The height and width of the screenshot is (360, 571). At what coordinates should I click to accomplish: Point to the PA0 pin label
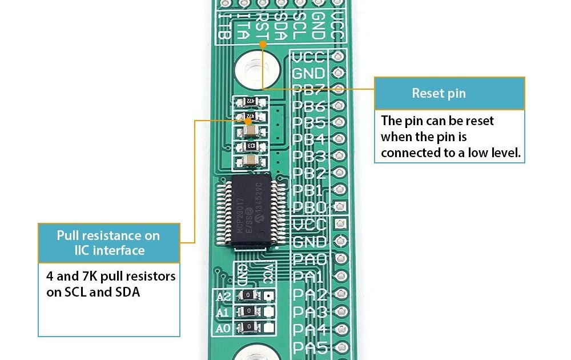click(x=309, y=259)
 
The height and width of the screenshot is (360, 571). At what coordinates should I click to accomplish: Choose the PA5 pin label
click(x=309, y=346)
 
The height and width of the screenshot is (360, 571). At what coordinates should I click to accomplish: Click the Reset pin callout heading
click(x=439, y=93)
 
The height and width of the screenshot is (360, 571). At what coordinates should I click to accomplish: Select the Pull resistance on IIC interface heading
click(x=108, y=243)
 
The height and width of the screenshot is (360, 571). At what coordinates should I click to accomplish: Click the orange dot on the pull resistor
click(x=248, y=121)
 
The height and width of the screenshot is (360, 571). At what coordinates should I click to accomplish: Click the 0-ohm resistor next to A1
click(x=248, y=312)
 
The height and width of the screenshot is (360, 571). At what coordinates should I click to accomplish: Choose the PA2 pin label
click(x=309, y=295)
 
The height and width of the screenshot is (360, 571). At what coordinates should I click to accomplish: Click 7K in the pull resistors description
click(x=91, y=277)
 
